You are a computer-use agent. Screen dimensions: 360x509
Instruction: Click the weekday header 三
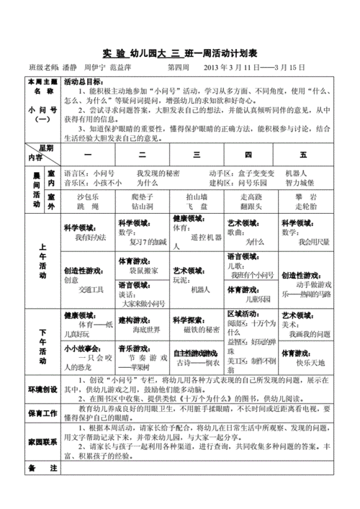click(195, 155)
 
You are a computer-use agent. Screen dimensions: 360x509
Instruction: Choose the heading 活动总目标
click(82, 82)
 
